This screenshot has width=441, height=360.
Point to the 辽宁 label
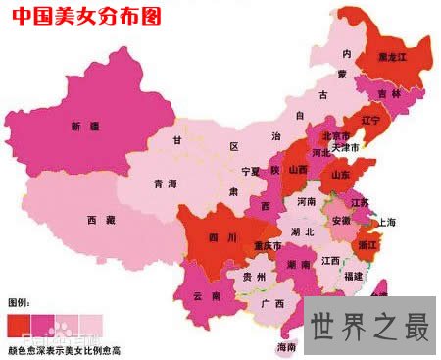(370, 121)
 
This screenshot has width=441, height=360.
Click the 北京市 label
(335, 136)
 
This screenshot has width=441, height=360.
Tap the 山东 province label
(341, 175)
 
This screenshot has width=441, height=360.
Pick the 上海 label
(388, 223)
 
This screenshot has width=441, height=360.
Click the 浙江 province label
(369, 243)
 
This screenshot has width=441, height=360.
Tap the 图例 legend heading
(19, 301)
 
